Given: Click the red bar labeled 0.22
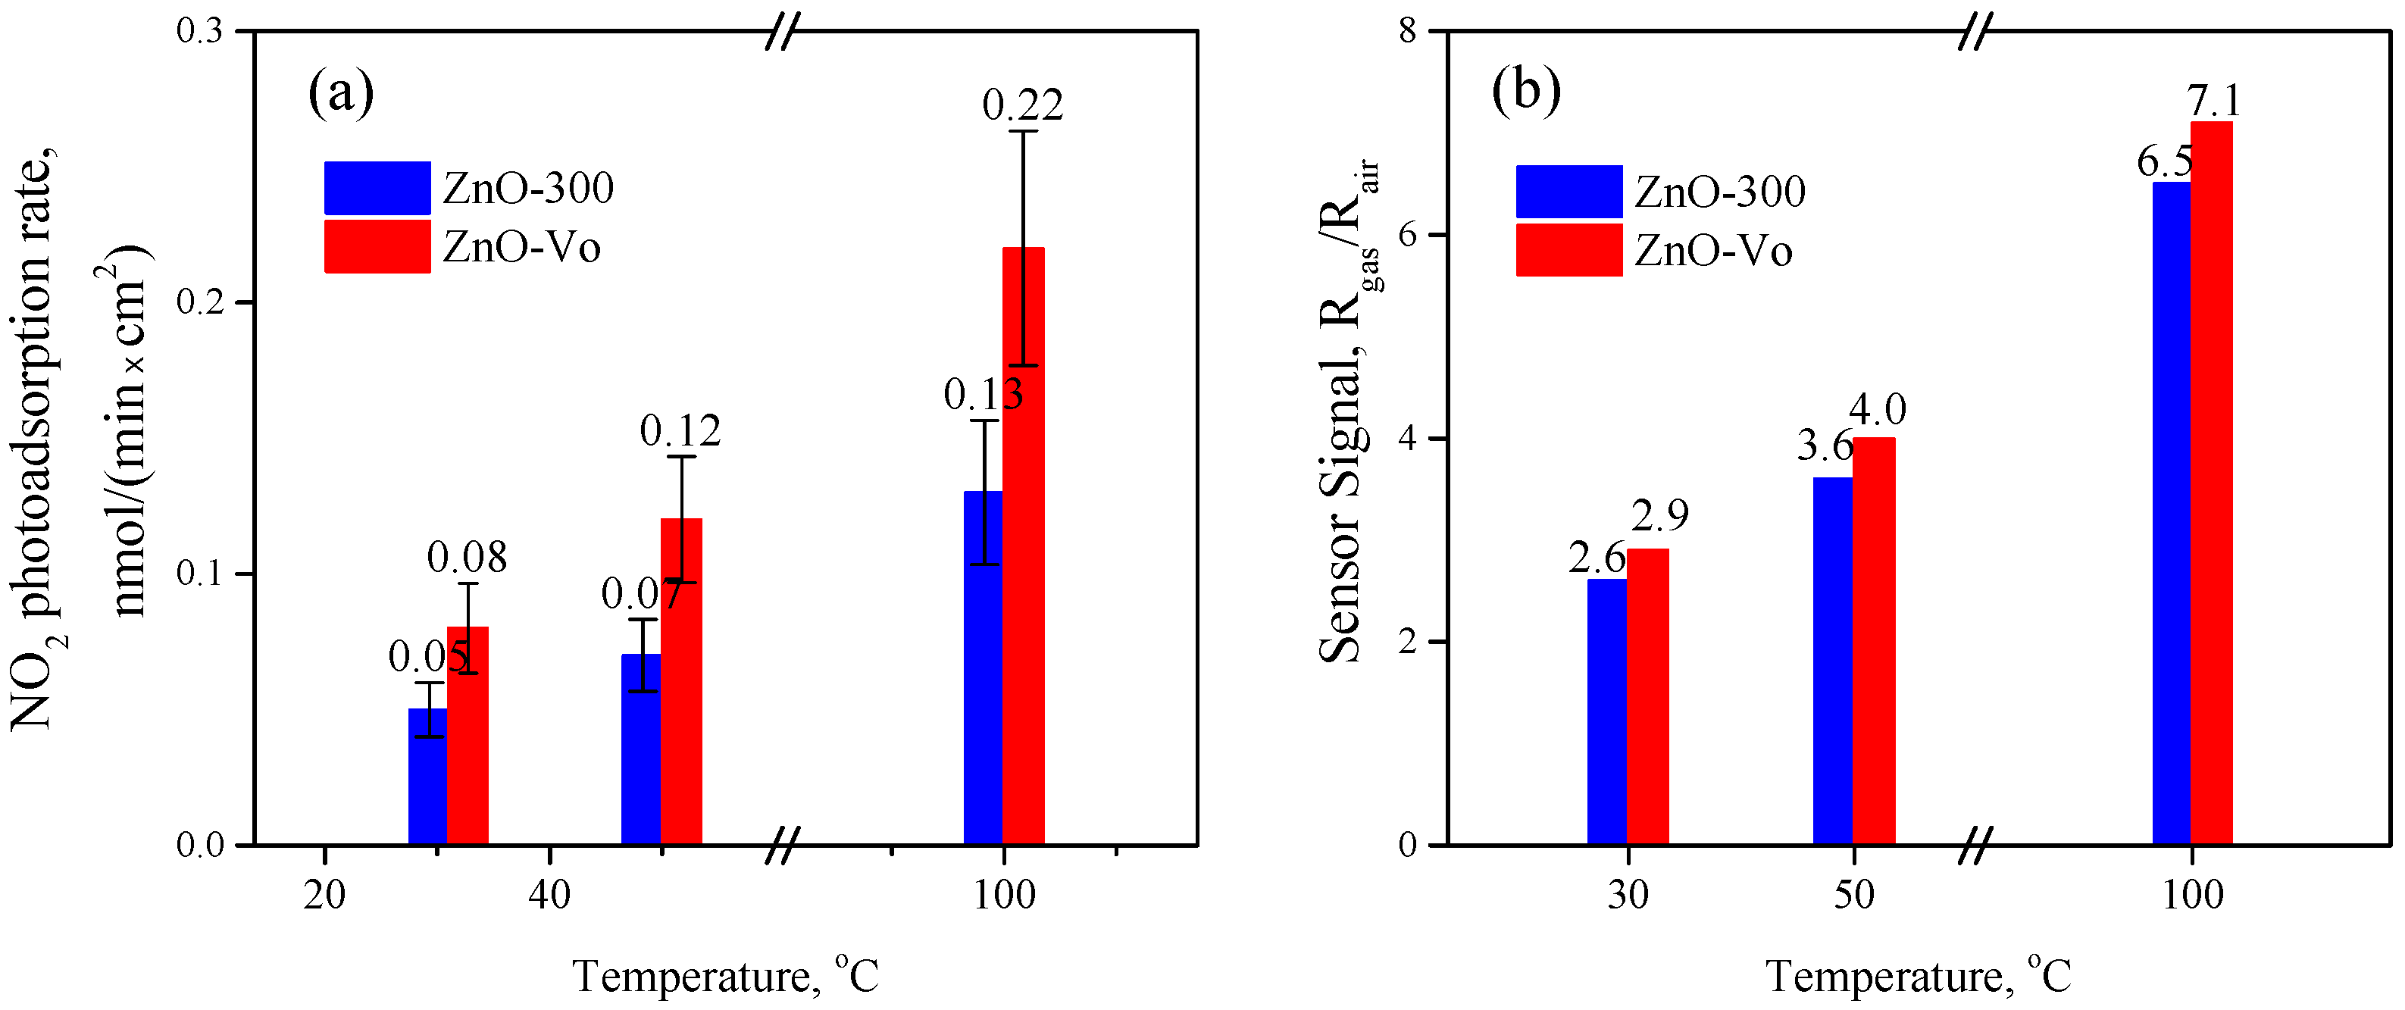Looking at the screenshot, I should click(1023, 560).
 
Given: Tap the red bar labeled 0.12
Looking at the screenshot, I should click(681, 691).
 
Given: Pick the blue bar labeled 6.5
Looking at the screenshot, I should click(2171, 514).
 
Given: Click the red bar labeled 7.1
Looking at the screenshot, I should click(2212, 486).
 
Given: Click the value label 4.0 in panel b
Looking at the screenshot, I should click(1878, 410).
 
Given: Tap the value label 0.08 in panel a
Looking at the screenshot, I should click(467, 558).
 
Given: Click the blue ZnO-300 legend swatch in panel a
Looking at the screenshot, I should click(377, 188).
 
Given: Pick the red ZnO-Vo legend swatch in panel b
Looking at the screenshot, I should click(1568, 250).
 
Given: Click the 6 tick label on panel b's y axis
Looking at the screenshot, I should click(1407, 234).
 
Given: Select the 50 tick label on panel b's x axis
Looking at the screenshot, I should click(1853, 895).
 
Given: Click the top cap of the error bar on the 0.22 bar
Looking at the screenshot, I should click(1023, 132).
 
